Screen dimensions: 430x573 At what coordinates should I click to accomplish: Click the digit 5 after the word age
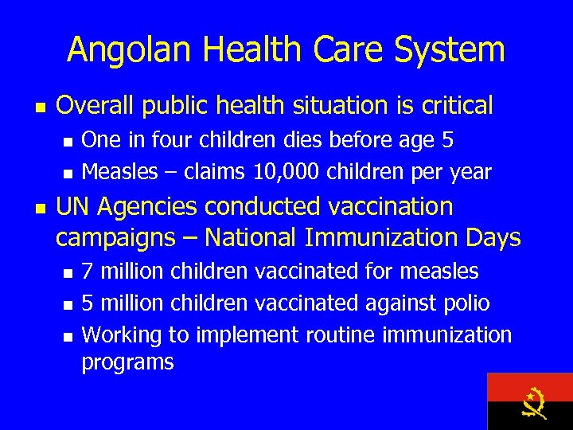pos(447,141)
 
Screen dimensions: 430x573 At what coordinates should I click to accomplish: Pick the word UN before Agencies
pos(73,207)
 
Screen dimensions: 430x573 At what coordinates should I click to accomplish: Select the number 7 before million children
pos(88,272)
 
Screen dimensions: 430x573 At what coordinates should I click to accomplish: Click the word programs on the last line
pos(127,362)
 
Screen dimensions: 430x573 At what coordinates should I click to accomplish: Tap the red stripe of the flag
pos(509,387)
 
